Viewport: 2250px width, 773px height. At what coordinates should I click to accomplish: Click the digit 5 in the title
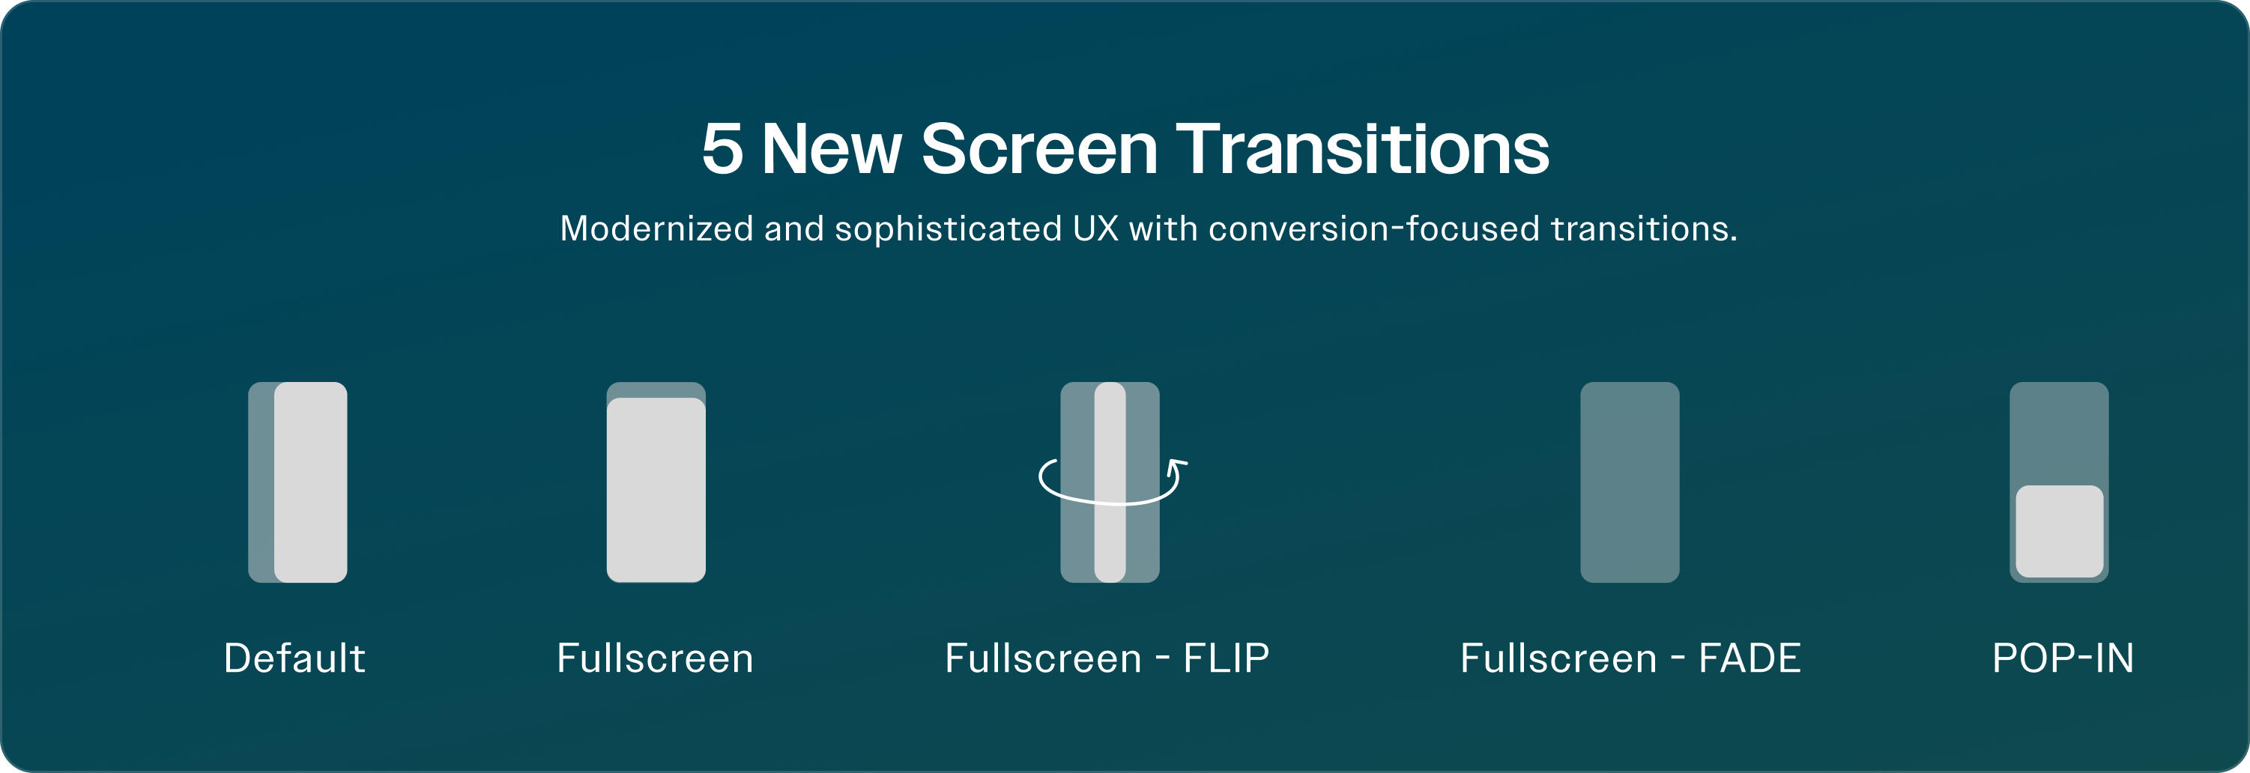click(722, 148)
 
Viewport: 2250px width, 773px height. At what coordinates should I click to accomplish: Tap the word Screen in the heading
click(1039, 148)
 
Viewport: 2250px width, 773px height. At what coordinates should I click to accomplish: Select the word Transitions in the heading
click(1363, 148)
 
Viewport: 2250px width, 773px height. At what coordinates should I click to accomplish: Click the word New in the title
click(832, 148)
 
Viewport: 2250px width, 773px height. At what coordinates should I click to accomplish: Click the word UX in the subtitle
click(1095, 229)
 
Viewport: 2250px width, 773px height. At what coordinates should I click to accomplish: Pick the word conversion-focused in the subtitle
click(1374, 229)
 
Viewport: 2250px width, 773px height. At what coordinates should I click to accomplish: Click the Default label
click(294, 658)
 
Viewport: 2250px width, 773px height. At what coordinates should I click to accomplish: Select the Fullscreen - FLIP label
click(1107, 658)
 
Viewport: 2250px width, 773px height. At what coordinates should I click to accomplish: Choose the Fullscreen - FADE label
click(1630, 658)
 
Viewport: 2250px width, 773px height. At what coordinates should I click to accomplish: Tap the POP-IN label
click(2063, 658)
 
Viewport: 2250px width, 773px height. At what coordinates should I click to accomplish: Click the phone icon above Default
click(298, 482)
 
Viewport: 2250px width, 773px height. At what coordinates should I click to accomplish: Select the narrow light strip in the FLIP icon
click(1110, 482)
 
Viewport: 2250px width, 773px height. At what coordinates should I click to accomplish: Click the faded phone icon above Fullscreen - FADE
click(1630, 482)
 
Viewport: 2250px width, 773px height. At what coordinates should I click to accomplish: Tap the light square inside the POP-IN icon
click(2060, 531)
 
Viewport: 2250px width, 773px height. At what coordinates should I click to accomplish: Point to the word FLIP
click(1227, 658)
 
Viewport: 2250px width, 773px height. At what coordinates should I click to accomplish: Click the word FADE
click(1750, 658)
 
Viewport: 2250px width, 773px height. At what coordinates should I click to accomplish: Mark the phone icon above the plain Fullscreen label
click(656, 482)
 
